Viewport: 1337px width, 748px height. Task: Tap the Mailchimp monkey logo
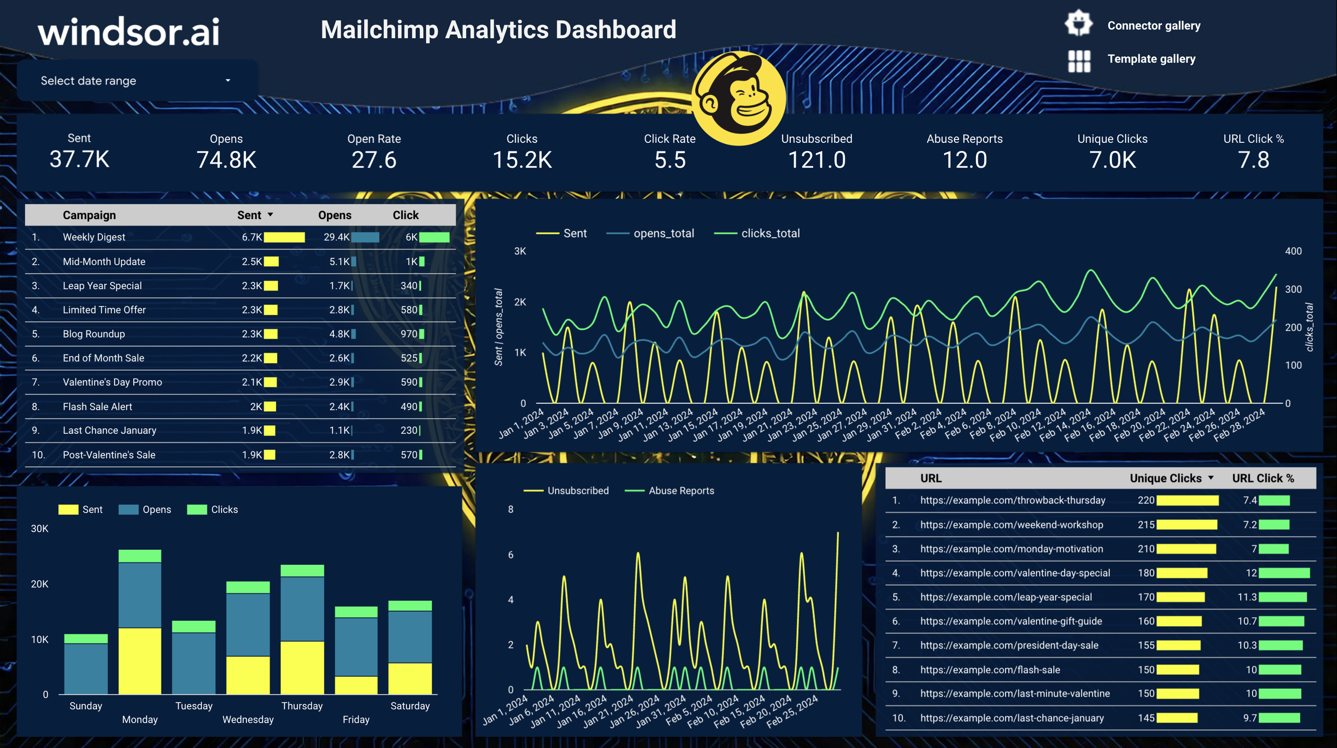click(739, 97)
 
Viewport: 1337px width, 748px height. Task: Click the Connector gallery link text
click(1153, 25)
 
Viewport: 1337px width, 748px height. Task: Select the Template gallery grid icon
click(1079, 61)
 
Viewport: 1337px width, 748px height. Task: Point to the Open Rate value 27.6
click(374, 160)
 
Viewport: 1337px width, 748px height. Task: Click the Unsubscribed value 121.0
click(817, 160)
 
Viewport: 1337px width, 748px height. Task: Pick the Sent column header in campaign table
click(249, 215)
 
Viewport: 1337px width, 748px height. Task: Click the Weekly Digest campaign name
click(94, 237)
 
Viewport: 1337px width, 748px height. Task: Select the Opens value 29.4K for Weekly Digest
click(336, 237)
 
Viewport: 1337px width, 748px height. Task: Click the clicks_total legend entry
click(770, 234)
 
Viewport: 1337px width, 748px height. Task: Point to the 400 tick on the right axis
click(1293, 251)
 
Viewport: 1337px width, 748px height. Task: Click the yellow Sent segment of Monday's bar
click(139, 660)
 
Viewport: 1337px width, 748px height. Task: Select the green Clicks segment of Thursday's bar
click(302, 570)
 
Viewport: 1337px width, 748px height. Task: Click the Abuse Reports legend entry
click(680, 491)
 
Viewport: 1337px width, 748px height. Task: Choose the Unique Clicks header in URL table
click(1165, 478)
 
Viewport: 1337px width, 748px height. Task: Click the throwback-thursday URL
click(1012, 501)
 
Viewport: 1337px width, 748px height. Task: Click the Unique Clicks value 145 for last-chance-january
click(1146, 718)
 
